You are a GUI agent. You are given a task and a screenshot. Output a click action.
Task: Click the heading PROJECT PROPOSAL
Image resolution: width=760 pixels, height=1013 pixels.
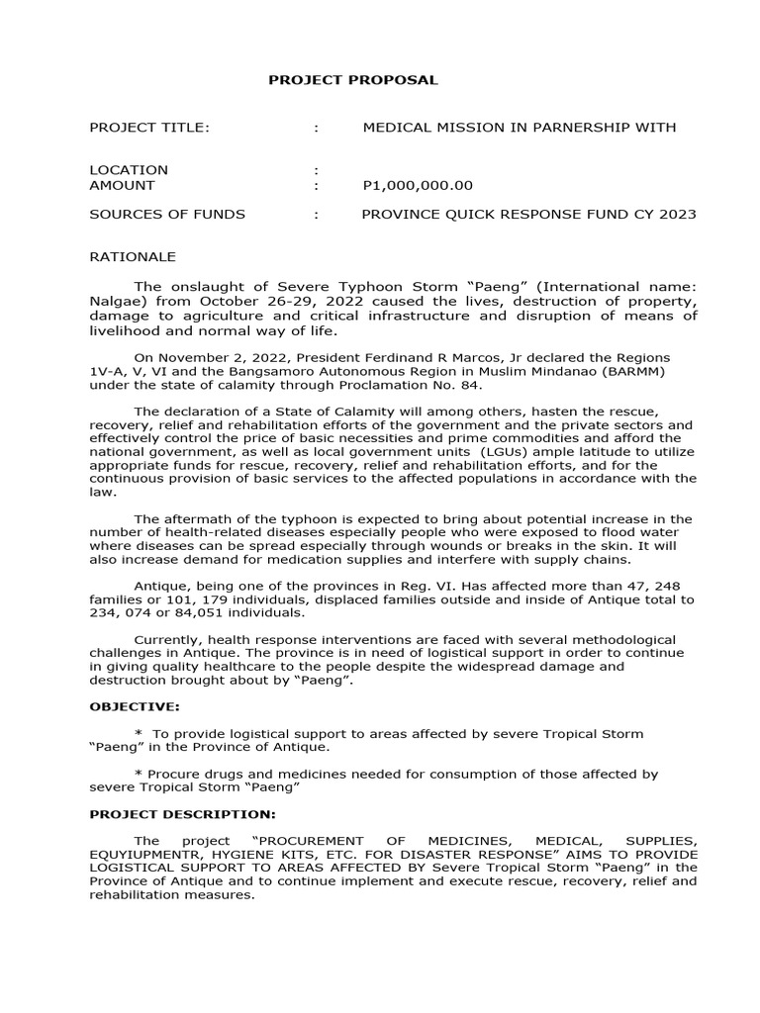352,80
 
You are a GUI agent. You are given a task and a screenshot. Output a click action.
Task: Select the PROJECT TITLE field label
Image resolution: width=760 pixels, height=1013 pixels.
149,128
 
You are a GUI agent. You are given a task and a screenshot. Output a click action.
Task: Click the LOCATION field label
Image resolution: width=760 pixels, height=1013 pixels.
129,170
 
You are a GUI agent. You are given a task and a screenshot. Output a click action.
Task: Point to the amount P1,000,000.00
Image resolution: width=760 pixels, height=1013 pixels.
418,185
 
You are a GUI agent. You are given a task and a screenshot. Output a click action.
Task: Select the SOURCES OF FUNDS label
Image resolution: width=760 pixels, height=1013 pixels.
167,214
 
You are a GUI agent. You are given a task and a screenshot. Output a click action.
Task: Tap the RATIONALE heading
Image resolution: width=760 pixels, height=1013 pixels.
133,256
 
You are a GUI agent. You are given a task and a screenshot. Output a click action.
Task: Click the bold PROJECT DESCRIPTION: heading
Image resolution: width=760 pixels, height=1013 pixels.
182,814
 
